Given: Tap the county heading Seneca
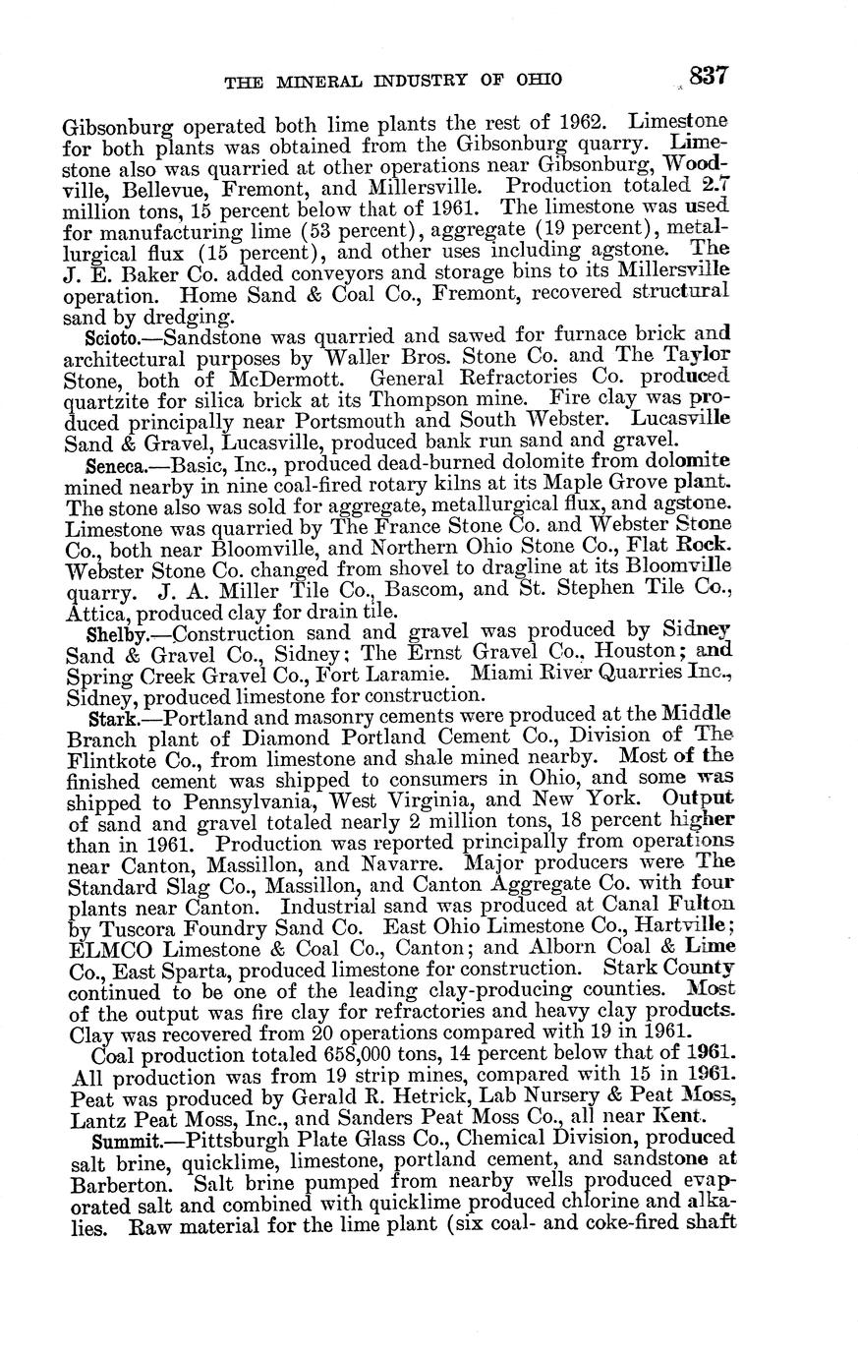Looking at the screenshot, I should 114,462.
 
